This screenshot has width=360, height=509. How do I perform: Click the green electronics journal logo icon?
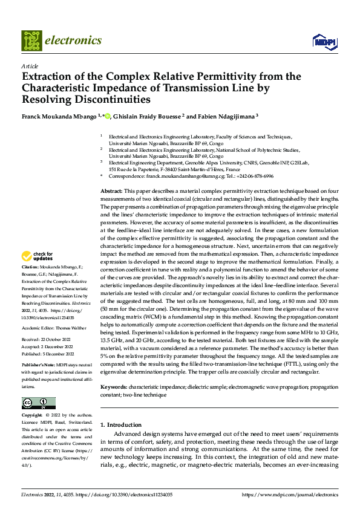[31, 41]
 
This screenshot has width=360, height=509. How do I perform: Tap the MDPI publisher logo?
[321, 41]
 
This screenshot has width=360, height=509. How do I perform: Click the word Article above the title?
[30, 66]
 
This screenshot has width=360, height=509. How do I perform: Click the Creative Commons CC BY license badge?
[38, 403]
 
